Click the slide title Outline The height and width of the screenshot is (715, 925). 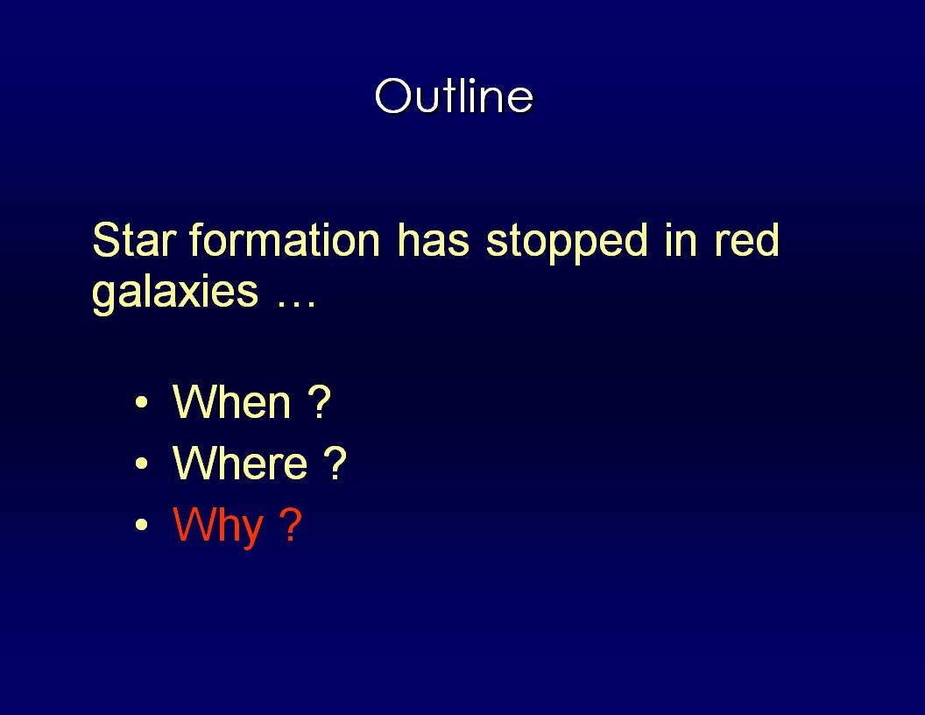454,96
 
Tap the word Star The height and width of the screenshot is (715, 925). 135,240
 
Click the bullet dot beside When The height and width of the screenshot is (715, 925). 141,402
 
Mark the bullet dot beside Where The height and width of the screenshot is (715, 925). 141,464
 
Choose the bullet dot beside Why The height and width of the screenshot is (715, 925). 141,524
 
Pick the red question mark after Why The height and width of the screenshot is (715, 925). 290,523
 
